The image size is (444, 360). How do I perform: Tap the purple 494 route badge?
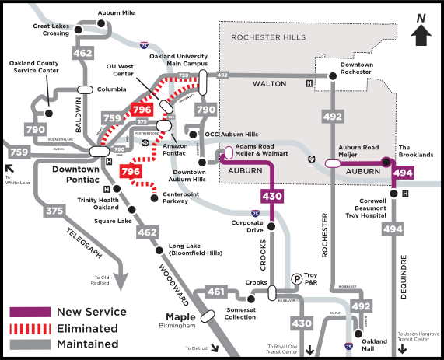click(x=403, y=173)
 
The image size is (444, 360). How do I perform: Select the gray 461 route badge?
click(x=218, y=292)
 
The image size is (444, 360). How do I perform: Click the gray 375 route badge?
click(x=54, y=210)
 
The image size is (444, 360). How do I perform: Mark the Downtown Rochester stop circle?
click(x=332, y=75)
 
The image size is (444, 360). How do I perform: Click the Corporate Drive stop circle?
click(x=271, y=226)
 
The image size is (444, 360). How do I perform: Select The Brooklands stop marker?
click(x=385, y=163)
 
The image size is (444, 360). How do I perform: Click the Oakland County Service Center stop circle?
click(x=48, y=113)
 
